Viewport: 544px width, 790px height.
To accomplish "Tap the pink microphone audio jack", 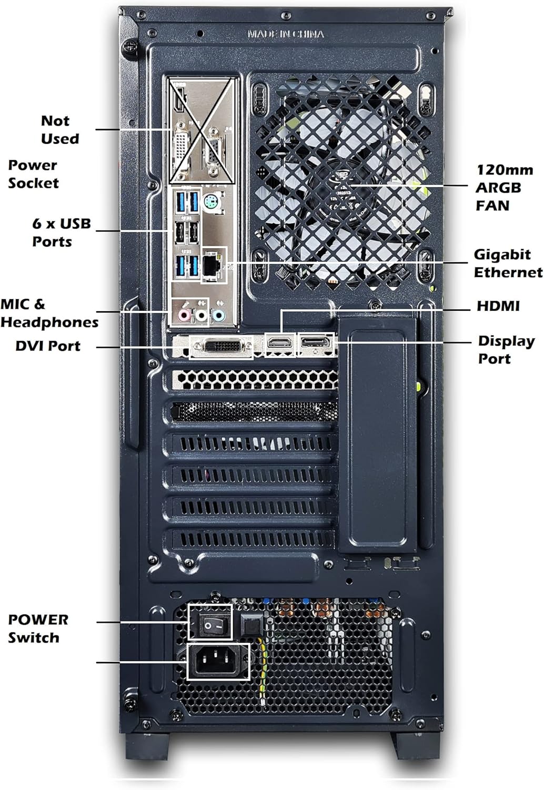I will coord(184,315).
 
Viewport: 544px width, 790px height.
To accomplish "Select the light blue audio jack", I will coord(218,315).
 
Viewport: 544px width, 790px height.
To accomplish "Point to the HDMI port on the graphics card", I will coord(280,343).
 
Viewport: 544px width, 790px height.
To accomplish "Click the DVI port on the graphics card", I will coord(221,347).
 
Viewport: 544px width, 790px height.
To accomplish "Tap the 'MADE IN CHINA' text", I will coord(286,34).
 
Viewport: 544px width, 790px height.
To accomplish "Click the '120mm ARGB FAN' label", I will coord(503,187).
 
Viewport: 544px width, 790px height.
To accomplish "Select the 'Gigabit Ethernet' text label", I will coord(508,263).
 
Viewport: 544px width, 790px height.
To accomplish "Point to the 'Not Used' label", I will coord(59,130).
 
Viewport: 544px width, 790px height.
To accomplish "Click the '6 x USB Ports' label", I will coord(61,232).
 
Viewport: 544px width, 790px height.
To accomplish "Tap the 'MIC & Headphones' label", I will coord(49,313).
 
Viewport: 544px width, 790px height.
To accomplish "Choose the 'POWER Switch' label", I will coord(37,628).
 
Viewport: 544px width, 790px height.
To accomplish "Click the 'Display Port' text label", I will coord(506,350).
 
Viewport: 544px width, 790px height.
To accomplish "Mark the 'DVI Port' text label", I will coord(48,346).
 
